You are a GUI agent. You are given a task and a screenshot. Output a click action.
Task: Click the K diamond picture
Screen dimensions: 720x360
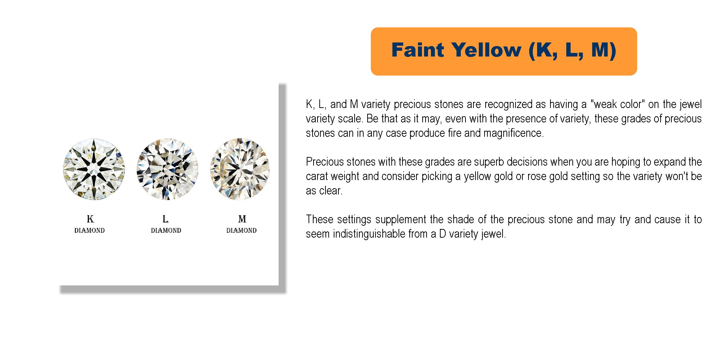[x=94, y=169]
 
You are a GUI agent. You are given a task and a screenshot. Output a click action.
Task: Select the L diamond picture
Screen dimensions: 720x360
[x=167, y=169]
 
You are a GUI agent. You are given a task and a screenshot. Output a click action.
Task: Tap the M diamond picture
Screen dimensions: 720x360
[x=240, y=169]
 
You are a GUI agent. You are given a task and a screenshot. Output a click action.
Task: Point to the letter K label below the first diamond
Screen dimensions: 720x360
[x=90, y=219]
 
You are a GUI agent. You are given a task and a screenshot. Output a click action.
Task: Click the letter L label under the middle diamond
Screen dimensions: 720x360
[x=165, y=219]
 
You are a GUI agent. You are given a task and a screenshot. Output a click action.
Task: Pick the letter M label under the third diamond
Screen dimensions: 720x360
[x=242, y=219]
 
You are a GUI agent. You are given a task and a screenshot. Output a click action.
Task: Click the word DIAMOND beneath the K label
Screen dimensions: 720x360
[x=90, y=230]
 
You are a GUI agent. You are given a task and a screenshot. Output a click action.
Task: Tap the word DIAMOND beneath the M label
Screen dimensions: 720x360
[x=242, y=230]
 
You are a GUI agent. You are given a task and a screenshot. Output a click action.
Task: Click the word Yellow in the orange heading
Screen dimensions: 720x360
[x=486, y=50]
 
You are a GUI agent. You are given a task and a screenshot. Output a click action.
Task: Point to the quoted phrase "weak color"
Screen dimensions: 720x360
[x=617, y=104]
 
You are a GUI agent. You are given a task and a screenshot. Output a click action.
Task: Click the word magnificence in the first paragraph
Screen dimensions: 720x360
[x=513, y=133]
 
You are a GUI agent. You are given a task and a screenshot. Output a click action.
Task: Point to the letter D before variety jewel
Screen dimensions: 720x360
[x=442, y=234]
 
